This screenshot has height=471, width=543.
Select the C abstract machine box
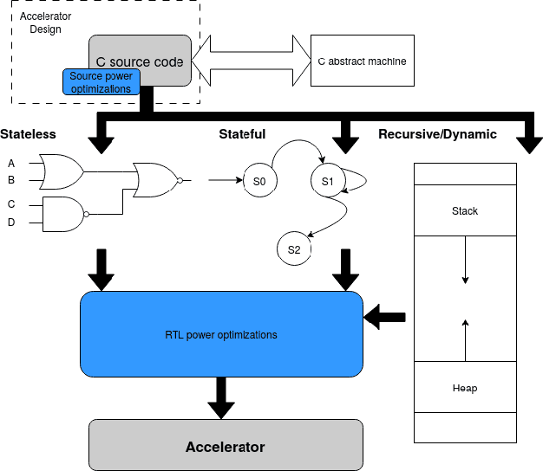pyautogui.click(x=362, y=61)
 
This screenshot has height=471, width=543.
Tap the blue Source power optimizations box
pyautogui.click(x=101, y=82)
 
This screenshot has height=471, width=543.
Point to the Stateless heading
pyautogui.click(x=28, y=134)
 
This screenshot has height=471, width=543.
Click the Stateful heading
pyautogui.click(x=242, y=134)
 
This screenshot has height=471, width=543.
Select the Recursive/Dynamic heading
pyautogui.click(x=437, y=134)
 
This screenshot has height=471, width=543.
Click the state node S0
pyautogui.click(x=258, y=181)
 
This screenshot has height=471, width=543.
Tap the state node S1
pyautogui.click(x=327, y=181)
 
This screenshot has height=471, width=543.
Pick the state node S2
pyautogui.click(x=294, y=249)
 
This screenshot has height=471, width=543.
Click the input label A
pyautogui.click(x=11, y=163)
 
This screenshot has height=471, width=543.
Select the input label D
pyautogui.click(x=11, y=223)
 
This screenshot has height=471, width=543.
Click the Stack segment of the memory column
pyautogui.click(x=465, y=210)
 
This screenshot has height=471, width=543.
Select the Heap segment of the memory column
pyautogui.click(x=465, y=387)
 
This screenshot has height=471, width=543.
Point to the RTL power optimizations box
pyautogui.click(x=221, y=334)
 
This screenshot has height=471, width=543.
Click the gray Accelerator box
pyautogui.click(x=225, y=446)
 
